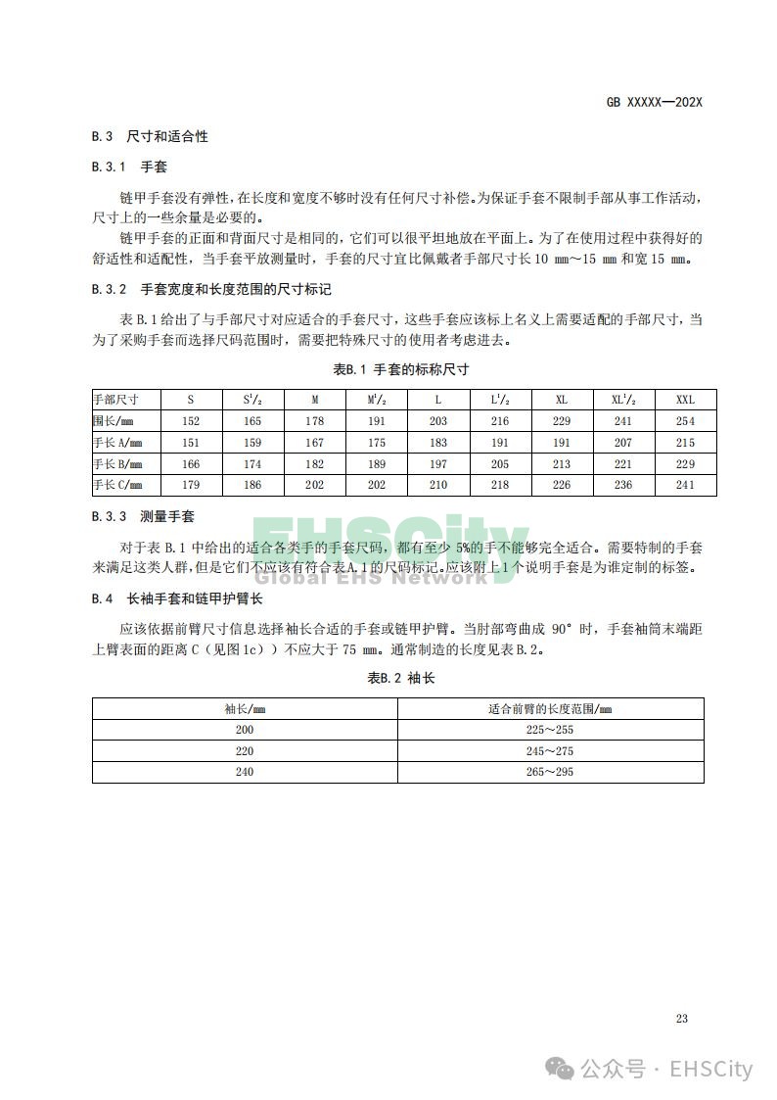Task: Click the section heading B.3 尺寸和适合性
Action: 150,136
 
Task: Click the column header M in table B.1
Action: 314,400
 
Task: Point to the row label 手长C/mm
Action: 117,485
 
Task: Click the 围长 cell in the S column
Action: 191,421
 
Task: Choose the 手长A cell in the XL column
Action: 562,443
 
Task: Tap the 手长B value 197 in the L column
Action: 438,464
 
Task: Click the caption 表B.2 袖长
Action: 400,678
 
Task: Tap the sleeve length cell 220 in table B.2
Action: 245,751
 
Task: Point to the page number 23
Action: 681,1019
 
